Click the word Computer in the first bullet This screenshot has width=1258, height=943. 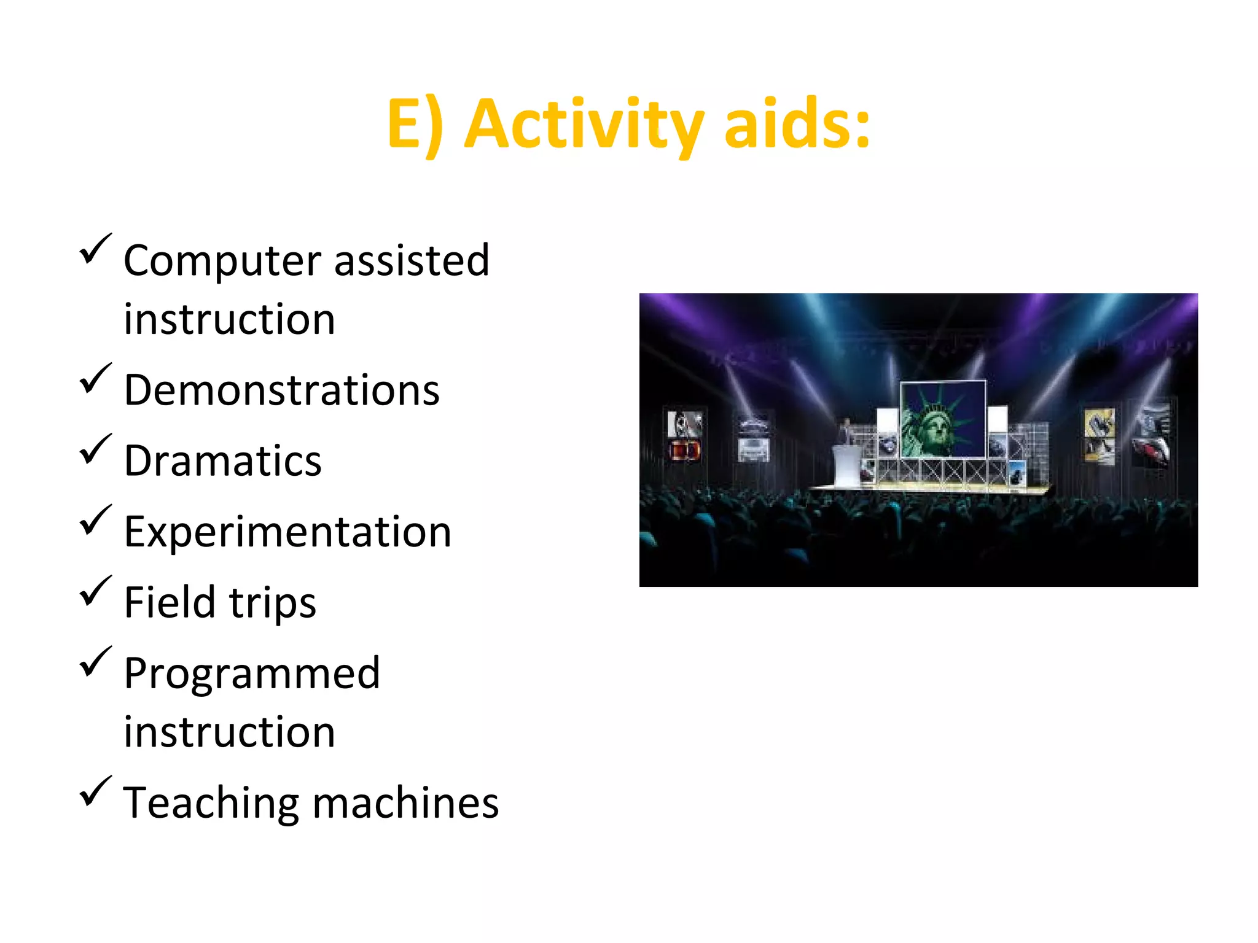pyautogui.click(x=222, y=262)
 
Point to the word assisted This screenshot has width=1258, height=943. pyautogui.click(x=412, y=260)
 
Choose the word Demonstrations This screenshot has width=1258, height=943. pyautogui.click(x=282, y=390)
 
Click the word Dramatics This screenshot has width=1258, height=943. pyautogui.click(x=223, y=461)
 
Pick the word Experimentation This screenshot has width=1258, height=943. pyautogui.click(x=287, y=532)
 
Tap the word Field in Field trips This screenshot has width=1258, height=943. pyautogui.click(x=169, y=602)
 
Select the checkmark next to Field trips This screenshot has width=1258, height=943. pyautogui.click(x=95, y=591)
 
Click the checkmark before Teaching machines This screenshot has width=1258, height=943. pyautogui.click(x=95, y=791)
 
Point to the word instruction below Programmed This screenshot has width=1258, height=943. pyautogui.click(x=229, y=732)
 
